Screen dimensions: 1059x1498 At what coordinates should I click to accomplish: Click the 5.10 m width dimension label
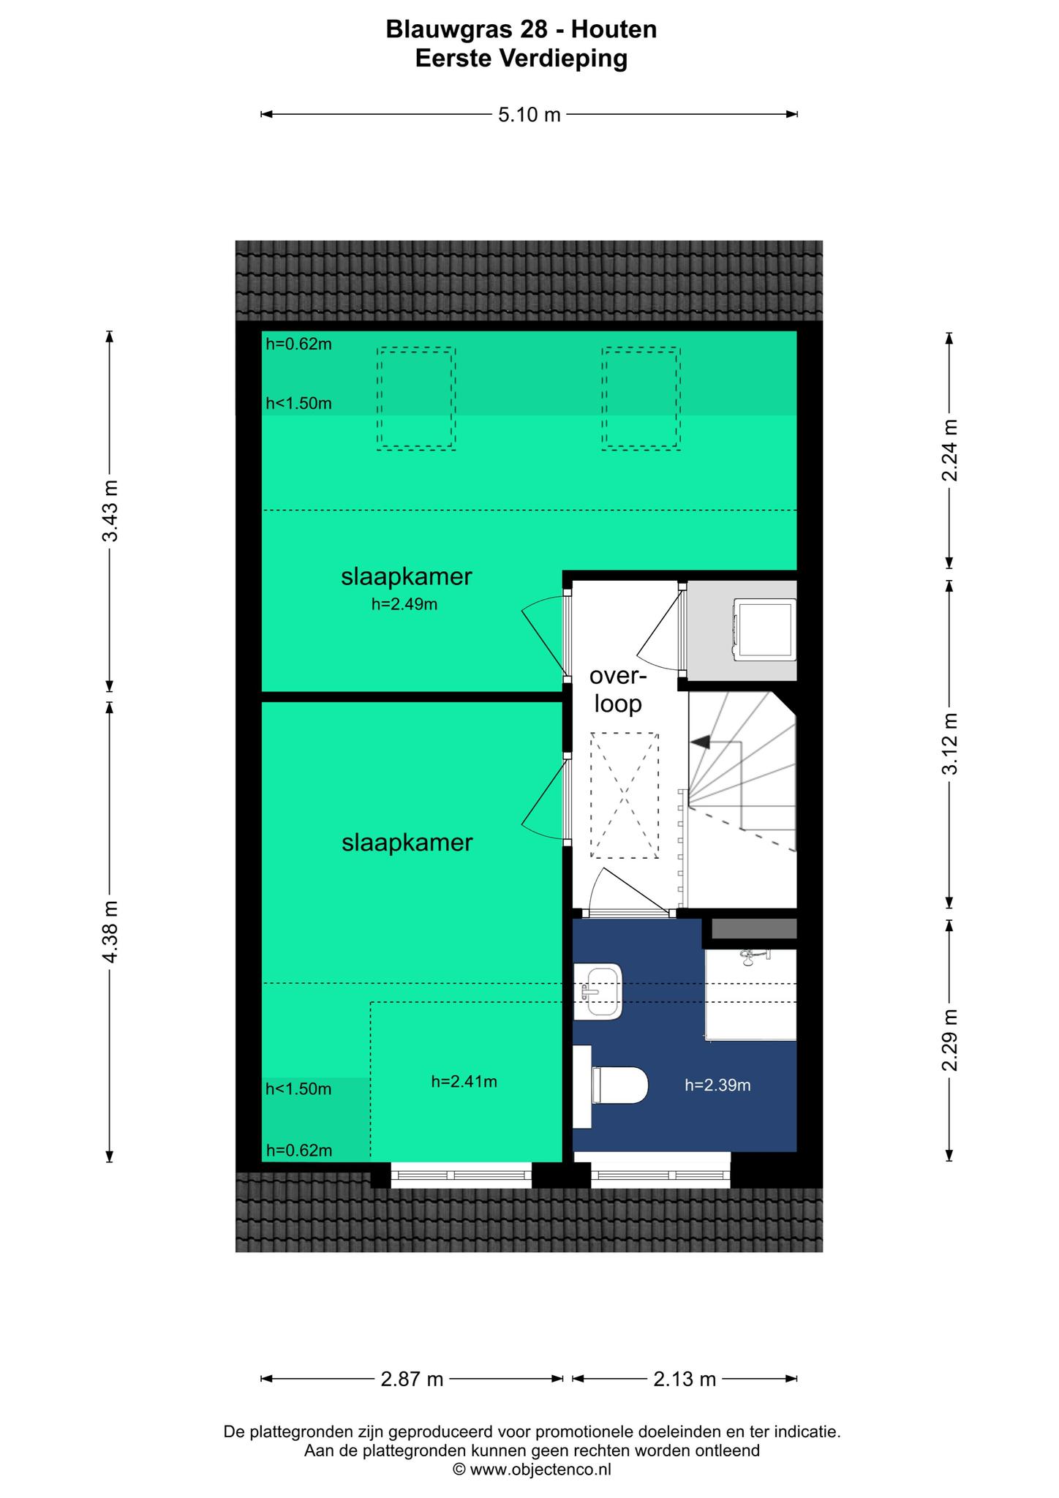tap(529, 115)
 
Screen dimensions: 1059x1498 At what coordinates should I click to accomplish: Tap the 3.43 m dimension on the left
tap(110, 511)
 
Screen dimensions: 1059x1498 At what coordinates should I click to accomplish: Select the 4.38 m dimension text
tap(110, 932)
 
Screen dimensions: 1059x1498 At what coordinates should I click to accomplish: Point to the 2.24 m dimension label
tap(950, 450)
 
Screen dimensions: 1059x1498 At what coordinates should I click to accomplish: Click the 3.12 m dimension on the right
tap(950, 743)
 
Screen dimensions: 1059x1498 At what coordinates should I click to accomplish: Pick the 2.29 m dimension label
tap(950, 1039)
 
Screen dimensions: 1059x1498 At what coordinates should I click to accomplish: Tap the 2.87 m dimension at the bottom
tap(412, 1380)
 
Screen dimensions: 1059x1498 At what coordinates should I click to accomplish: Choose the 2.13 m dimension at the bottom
tap(685, 1380)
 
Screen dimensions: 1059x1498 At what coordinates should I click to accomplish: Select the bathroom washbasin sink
tap(598, 991)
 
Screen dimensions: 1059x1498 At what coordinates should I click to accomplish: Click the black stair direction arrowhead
tap(701, 742)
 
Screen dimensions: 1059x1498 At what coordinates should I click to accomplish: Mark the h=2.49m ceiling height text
tap(404, 604)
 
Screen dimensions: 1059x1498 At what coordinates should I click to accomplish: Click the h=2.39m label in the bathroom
tap(717, 1085)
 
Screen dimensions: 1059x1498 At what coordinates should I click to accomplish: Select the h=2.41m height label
tap(464, 1082)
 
